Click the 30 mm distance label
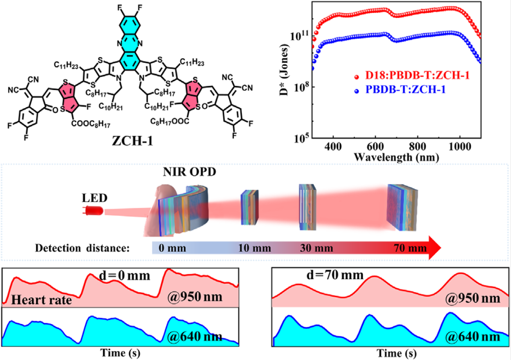[x=317, y=248]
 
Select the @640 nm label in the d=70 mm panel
[x=472, y=336]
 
